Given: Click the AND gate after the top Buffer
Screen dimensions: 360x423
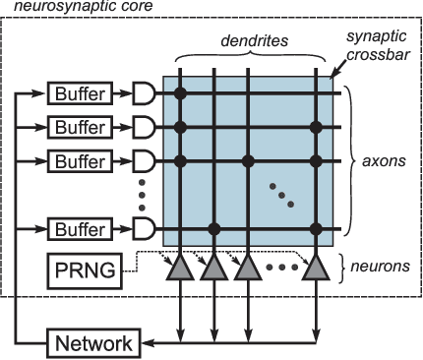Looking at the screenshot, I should point(144,94).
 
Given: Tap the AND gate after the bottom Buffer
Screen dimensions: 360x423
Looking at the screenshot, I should point(144,229).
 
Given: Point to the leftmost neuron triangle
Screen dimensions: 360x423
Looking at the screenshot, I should point(180,267).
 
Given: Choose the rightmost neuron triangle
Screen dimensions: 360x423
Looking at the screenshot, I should point(316,267).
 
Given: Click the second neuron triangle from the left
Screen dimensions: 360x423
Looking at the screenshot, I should point(213,267).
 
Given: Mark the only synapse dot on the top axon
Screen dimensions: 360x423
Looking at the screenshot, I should point(180,94).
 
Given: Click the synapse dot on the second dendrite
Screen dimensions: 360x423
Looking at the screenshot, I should point(213,229).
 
